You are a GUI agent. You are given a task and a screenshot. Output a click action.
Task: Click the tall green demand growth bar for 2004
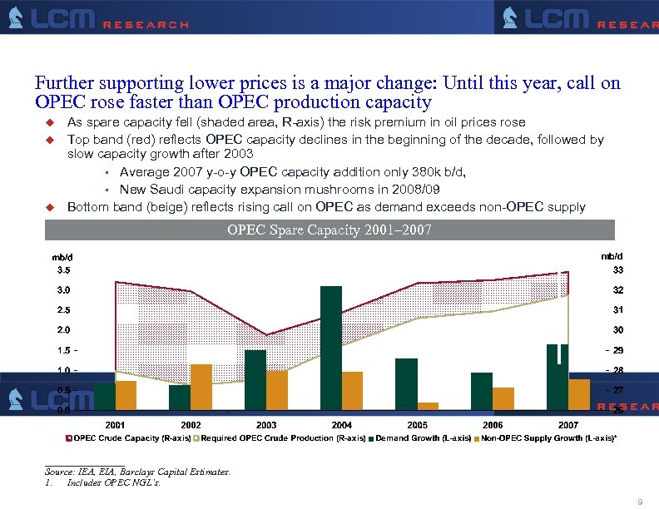331,348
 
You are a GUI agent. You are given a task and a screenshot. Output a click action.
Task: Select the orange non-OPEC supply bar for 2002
201,387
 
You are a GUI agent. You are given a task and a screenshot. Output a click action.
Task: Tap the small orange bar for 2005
428,406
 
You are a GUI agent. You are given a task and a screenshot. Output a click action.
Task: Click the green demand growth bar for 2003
255,379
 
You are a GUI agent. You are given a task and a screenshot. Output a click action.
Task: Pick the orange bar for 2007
579,394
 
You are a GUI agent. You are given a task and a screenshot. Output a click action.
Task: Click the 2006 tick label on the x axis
493,425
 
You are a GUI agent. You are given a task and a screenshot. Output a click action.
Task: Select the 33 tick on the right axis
618,270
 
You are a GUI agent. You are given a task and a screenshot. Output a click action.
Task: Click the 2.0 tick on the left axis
63,330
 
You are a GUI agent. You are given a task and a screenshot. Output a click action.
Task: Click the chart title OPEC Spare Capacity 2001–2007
329,230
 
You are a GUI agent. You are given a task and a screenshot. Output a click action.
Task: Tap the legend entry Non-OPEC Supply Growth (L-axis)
549,437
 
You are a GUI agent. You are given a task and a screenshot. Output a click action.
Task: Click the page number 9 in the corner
639,501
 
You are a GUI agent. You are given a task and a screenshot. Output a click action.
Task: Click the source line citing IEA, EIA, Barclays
137,472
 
